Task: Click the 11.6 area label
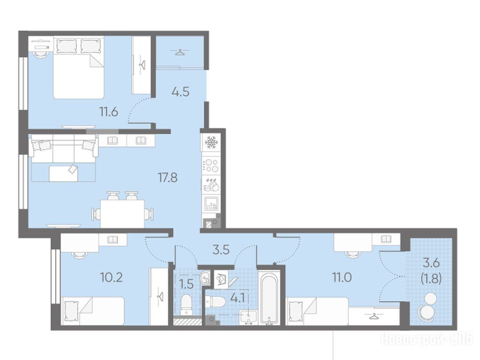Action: point(108,112)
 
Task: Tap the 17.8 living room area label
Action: point(167,177)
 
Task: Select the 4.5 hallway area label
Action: point(180,91)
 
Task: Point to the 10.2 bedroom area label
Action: point(112,277)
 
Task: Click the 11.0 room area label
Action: point(342,277)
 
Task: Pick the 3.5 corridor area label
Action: point(221,250)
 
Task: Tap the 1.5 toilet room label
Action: point(186,285)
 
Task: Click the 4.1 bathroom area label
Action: point(237,298)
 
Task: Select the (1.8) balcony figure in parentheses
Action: point(431,279)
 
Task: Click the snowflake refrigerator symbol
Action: point(210,142)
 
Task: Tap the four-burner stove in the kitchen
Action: point(211,165)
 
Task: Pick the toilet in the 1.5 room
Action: point(186,304)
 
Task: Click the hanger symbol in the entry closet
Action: point(180,52)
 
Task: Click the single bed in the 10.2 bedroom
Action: point(93,311)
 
